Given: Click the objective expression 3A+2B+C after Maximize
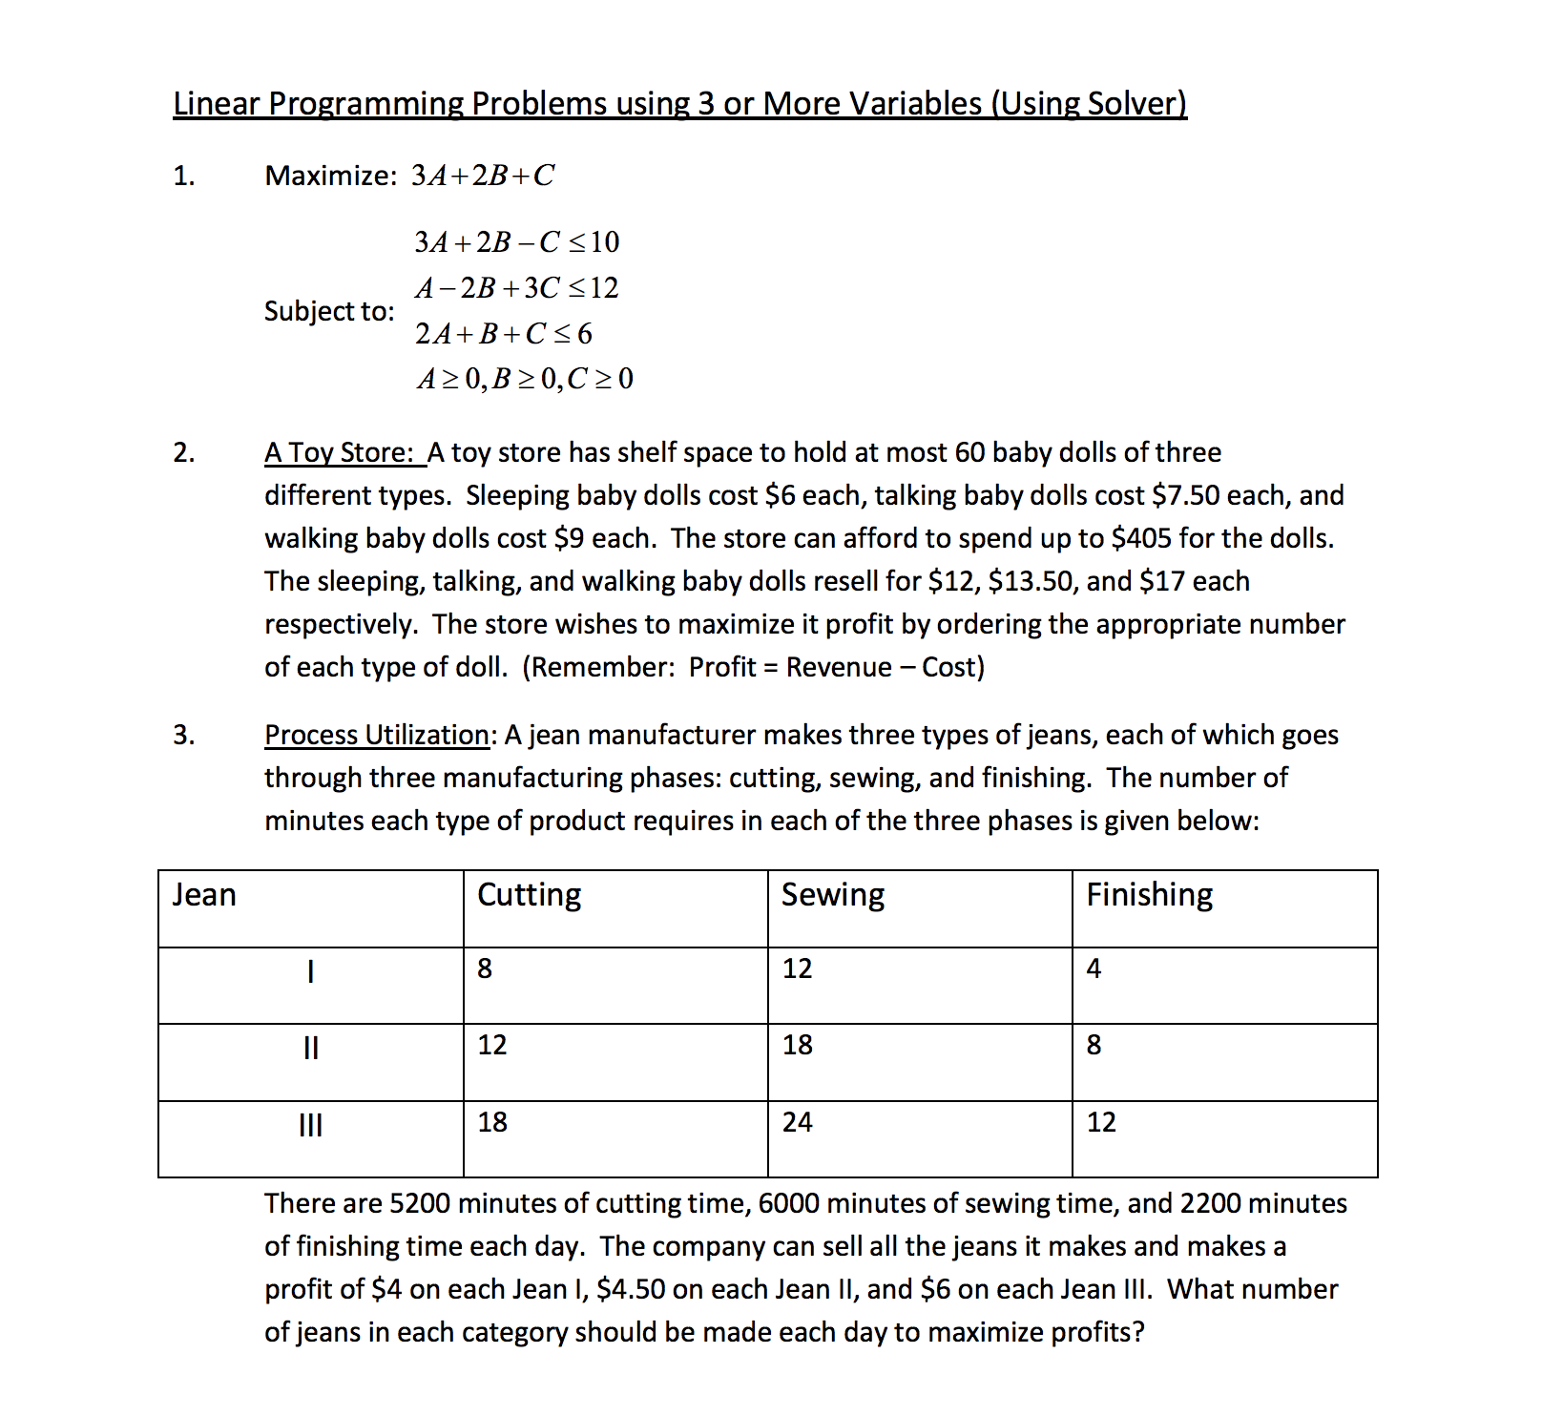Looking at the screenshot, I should point(482,176).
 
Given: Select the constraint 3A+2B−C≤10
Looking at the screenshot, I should point(516,242).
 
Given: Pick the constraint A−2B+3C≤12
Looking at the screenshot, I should point(516,288).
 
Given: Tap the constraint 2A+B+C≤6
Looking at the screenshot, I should point(503,334).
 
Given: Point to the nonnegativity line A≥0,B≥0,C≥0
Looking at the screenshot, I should point(525,380).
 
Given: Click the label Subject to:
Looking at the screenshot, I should point(329,311).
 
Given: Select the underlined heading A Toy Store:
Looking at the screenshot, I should point(344,452).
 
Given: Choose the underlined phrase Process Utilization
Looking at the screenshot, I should point(377,735).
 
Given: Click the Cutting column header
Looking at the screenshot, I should point(529,895).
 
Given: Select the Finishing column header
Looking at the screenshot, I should point(1149,895).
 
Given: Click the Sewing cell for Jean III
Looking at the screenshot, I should point(798,1122).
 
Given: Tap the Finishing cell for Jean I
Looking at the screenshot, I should point(1094,968).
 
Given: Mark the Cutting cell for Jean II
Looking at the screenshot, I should point(492,1045).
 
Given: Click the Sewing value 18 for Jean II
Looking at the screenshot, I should point(798,1045).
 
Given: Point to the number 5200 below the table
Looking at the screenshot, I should point(420,1203).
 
